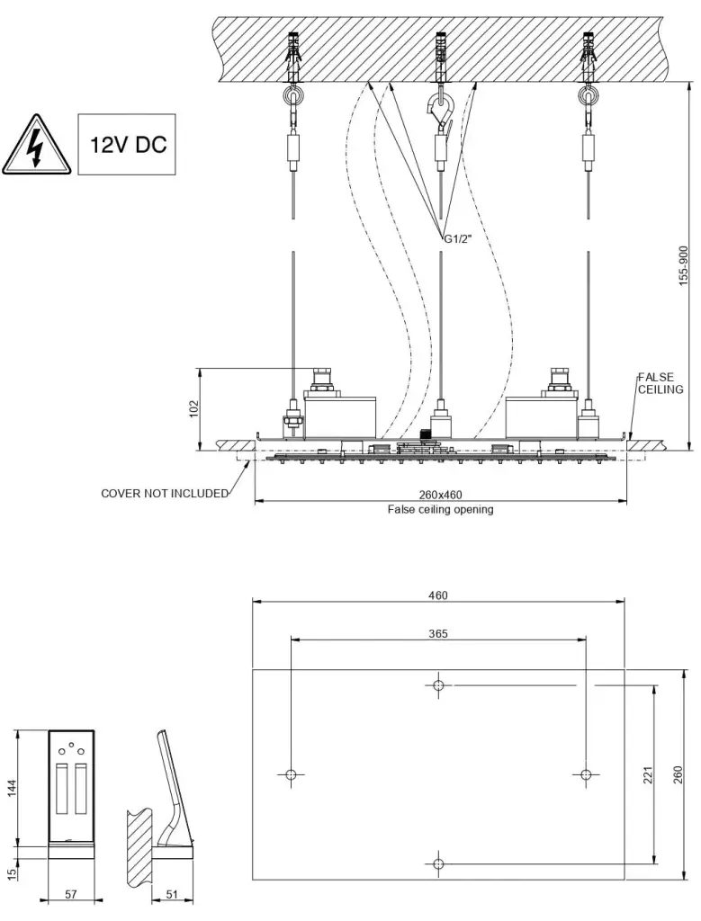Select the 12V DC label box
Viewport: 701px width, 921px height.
coord(126,144)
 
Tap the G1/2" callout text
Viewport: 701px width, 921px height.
coord(459,237)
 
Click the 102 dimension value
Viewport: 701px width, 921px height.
coord(193,408)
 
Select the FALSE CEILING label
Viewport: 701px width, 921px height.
coord(661,383)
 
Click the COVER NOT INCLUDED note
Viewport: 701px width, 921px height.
coord(164,494)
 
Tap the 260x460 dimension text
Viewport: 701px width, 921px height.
coord(440,495)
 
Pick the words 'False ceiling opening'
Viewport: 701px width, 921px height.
coord(440,509)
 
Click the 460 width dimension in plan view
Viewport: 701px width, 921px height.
coord(438,595)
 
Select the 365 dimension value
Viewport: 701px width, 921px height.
coord(438,633)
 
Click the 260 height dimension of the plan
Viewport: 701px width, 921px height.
coord(679,774)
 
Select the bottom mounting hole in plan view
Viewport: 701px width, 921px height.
coord(438,864)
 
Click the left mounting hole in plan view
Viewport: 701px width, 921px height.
coord(291,774)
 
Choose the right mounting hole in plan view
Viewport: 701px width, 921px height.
coord(586,774)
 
